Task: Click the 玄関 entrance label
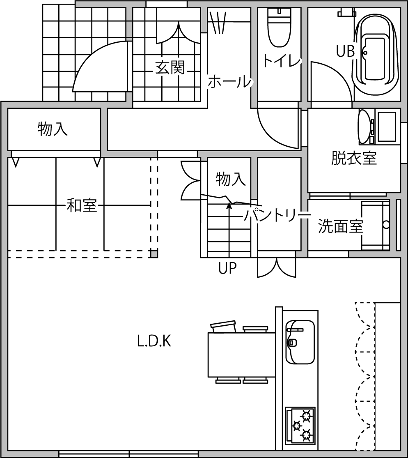click(170, 67)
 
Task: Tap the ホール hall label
click(230, 81)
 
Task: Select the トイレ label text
click(282, 61)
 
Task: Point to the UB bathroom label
click(345, 51)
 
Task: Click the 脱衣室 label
click(354, 158)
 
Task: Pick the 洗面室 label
click(341, 226)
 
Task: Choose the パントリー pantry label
click(277, 215)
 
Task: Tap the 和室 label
click(82, 205)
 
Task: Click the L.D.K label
click(154, 341)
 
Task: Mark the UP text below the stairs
click(227, 267)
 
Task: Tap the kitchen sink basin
click(300, 342)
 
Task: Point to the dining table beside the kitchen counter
click(242, 354)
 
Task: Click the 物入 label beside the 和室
click(53, 129)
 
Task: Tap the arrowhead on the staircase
click(229, 206)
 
